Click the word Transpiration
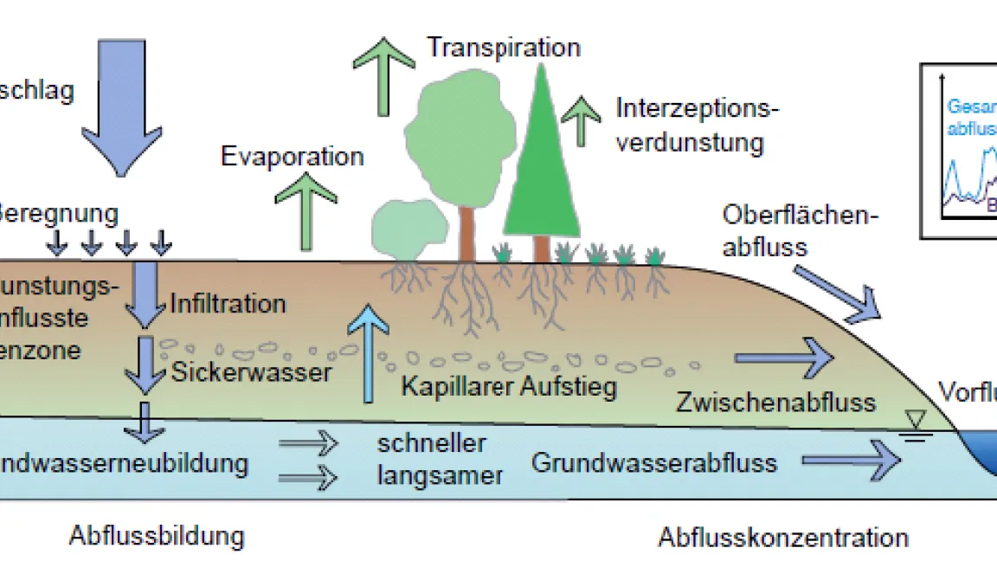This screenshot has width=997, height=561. pyautogui.click(x=503, y=47)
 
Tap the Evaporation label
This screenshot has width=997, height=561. pyautogui.click(x=293, y=157)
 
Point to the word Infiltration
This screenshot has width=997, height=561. pyautogui.click(x=228, y=304)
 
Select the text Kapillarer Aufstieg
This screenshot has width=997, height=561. pyautogui.click(x=509, y=386)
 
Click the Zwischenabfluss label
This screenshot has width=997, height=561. pyautogui.click(x=776, y=402)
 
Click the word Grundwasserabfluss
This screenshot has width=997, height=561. pyautogui.click(x=653, y=462)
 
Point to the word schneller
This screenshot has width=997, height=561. pyautogui.click(x=431, y=444)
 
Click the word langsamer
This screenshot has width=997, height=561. pyautogui.click(x=440, y=475)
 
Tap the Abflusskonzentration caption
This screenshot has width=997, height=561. pyautogui.click(x=783, y=538)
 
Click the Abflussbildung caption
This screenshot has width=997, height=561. pyautogui.click(x=157, y=535)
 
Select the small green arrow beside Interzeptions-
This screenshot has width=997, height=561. pyautogui.click(x=582, y=120)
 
